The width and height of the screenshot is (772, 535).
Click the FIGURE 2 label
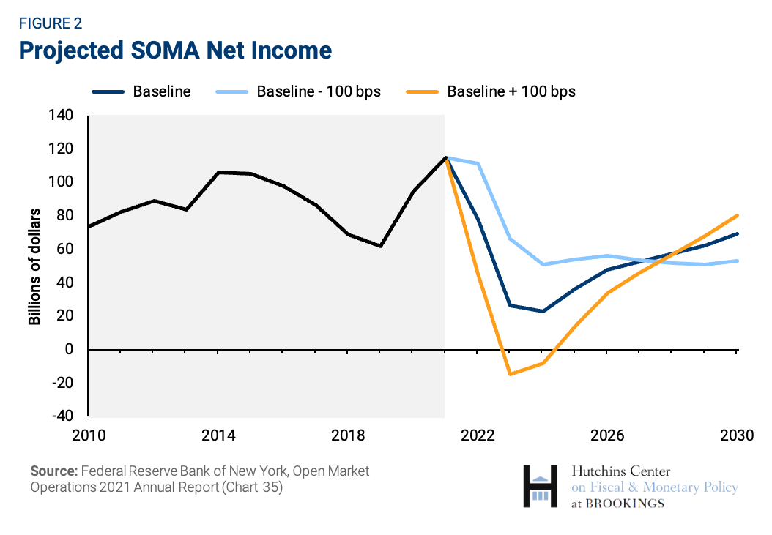click(x=51, y=23)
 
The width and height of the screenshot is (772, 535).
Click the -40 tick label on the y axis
click(x=62, y=416)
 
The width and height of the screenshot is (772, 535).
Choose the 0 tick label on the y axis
click(x=69, y=349)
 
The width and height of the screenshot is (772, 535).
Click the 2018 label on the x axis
click(x=348, y=435)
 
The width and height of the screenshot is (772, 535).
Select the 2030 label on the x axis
click(x=737, y=435)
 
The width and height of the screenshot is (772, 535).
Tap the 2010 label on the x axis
click(x=89, y=435)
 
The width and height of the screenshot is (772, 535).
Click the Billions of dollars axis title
click(x=34, y=267)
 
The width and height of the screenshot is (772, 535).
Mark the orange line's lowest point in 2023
click(x=510, y=374)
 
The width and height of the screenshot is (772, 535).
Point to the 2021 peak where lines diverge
click(x=445, y=157)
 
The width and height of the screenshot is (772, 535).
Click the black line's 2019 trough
click(x=380, y=246)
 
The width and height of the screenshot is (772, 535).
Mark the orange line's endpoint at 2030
click(x=737, y=215)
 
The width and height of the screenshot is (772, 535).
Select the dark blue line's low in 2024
click(x=543, y=311)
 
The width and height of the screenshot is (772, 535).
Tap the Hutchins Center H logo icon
click(x=540, y=486)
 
